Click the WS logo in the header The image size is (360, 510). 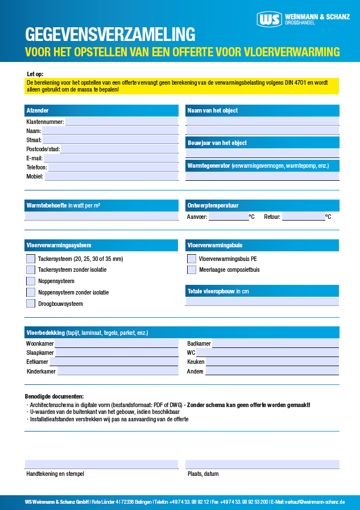[269, 20]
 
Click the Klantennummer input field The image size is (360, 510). [122, 121]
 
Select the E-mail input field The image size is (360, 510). [111, 158]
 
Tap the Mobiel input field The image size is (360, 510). [111, 176]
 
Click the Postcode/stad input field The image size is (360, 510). [119, 149]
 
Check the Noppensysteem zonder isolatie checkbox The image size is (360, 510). [31, 292]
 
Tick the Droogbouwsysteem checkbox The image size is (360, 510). [31, 304]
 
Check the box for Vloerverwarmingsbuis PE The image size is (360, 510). [192, 259]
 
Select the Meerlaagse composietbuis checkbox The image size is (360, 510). [192, 269]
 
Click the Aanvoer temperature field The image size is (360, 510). [228, 217]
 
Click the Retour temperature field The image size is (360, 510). [303, 217]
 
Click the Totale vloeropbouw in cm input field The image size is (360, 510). [262, 301]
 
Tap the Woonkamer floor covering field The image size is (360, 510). [117, 343]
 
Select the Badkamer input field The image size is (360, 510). [275, 343]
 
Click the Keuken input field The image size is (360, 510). [272, 362]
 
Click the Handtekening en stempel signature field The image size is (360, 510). [101, 464]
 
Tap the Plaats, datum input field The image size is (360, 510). [262, 464]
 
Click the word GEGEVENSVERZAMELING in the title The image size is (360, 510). [110, 35]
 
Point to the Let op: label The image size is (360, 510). [35, 74]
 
